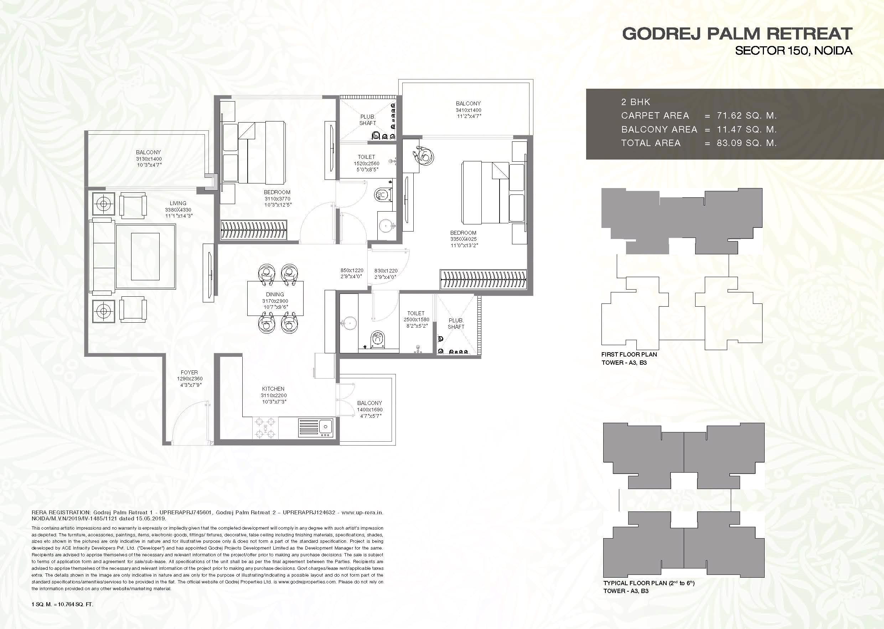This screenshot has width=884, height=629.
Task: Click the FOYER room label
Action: tap(189, 372)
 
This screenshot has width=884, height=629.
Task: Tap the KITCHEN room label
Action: tap(273, 389)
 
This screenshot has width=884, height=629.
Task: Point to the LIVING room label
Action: tap(178, 203)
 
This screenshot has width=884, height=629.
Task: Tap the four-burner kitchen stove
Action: tap(265, 428)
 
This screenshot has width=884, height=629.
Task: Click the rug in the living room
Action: tap(145, 256)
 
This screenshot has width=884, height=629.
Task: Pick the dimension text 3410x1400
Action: tap(468, 110)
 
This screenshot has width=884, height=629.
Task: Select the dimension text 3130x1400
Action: tap(149, 159)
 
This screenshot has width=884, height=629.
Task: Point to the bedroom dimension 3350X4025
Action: tap(463, 239)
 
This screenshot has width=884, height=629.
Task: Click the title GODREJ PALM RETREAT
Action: tap(737, 34)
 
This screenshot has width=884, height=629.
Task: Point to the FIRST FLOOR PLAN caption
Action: tap(629, 354)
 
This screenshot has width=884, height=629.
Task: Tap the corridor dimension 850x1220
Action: tap(352, 270)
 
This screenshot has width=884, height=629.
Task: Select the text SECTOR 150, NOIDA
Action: tap(794, 51)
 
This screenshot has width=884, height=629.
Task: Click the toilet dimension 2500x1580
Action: tap(416, 319)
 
